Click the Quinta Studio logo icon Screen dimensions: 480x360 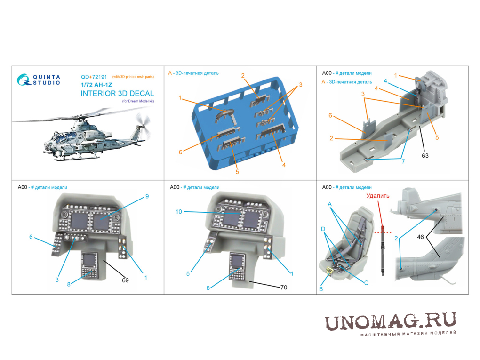(x=24, y=80)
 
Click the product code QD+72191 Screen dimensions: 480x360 (x=94, y=77)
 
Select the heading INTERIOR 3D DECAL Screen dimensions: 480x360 (x=117, y=93)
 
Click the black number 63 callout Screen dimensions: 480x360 (x=425, y=155)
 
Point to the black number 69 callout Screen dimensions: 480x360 (x=125, y=280)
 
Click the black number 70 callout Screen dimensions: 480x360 (x=283, y=287)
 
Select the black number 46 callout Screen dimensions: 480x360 (x=420, y=237)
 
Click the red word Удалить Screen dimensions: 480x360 (x=378, y=196)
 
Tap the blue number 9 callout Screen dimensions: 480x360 (x=147, y=196)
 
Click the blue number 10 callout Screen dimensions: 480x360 (x=178, y=212)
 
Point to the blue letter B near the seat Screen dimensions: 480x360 (x=321, y=288)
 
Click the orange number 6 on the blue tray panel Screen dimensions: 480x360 (x=180, y=152)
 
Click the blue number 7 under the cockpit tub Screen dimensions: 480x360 (x=403, y=161)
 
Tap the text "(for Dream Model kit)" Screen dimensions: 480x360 (x=138, y=101)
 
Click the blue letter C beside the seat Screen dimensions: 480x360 (x=366, y=282)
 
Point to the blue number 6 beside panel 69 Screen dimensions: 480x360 (x=31, y=237)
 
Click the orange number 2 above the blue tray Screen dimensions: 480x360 (x=243, y=76)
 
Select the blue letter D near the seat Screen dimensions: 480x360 (x=323, y=229)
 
